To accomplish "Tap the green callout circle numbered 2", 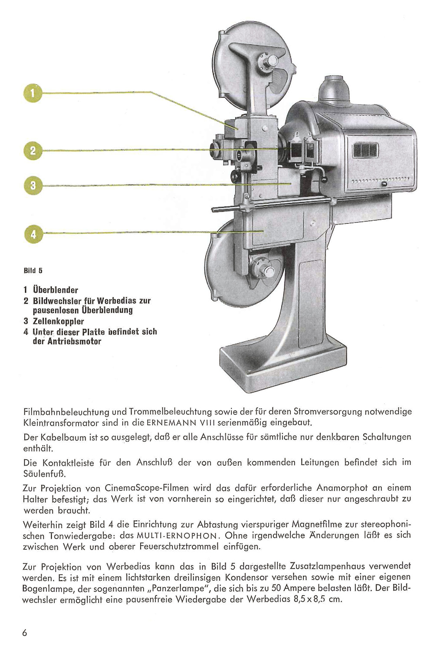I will (33, 150).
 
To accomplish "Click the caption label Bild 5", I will (33, 271).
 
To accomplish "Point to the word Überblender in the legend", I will (56, 290).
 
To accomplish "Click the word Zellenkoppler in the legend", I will (58, 321).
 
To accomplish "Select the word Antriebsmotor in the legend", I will (74, 341).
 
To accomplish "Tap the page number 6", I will (25, 633).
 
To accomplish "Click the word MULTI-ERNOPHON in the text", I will (176, 536).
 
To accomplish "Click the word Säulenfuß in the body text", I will (45, 473).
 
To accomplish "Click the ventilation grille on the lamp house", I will (365, 150).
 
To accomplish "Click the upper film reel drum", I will (252, 65).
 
